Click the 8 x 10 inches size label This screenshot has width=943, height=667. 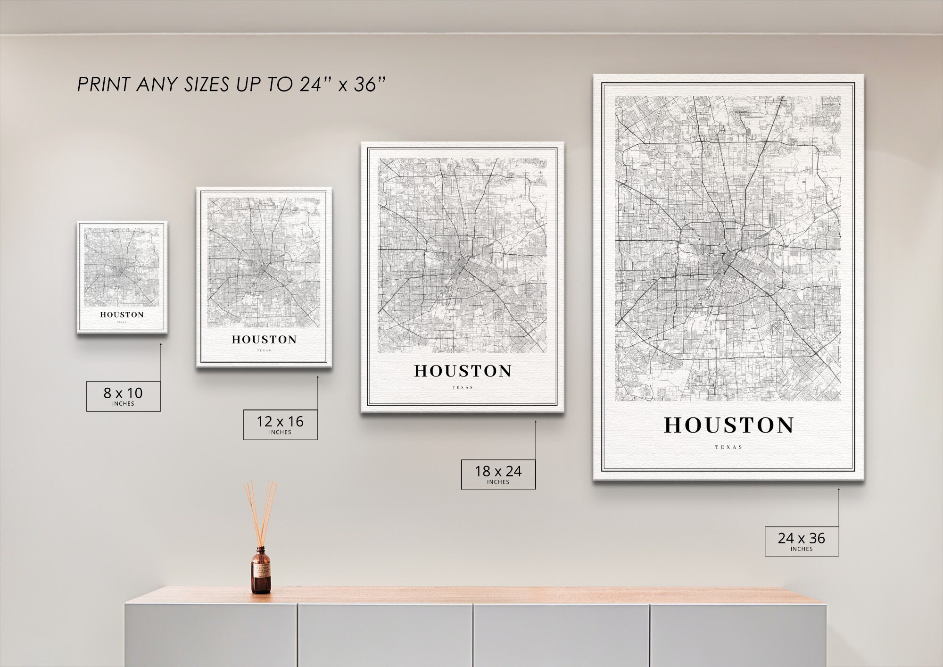(x=123, y=396)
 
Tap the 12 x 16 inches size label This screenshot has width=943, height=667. (x=280, y=425)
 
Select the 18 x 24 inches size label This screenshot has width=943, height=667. (x=498, y=474)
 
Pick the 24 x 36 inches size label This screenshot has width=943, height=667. (x=802, y=541)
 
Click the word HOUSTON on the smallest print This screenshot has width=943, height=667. (x=122, y=315)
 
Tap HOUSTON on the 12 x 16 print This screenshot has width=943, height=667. (x=264, y=340)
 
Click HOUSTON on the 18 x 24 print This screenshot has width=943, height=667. (x=463, y=371)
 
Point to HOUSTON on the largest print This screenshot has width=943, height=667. (x=729, y=425)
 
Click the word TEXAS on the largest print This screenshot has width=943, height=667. (x=728, y=447)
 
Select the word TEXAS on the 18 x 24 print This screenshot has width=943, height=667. (x=463, y=388)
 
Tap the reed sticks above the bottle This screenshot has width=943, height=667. (x=260, y=512)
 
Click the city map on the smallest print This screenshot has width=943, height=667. (x=122, y=267)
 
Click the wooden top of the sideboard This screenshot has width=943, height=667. (x=471, y=595)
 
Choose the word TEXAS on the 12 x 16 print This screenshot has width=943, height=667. (x=264, y=350)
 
